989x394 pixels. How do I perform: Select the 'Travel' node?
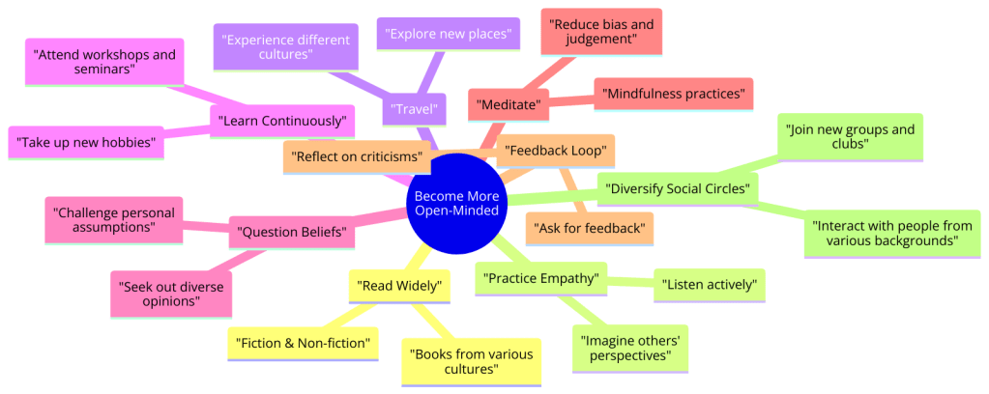coord(414,108)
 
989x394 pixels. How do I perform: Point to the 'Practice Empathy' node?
coord(541,279)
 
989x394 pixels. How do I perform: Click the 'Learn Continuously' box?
coord(282,121)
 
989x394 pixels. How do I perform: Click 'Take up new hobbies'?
coord(87,142)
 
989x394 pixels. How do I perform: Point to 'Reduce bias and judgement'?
coord(601,30)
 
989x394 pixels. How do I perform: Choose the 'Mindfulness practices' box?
coord(673,95)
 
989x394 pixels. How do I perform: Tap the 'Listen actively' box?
coord(710,285)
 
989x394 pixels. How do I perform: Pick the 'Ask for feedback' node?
coord(590,228)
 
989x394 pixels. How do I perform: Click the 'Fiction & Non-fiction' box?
coord(302,343)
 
